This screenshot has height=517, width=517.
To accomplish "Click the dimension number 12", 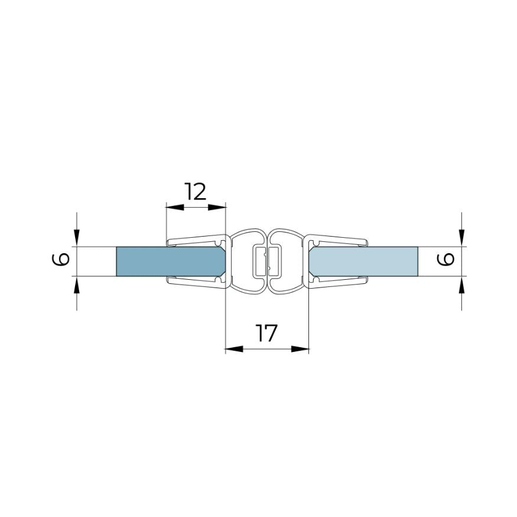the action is pyautogui.click(x=196, y=192).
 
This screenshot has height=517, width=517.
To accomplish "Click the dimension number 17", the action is pyautogui.click(x=266, y=333).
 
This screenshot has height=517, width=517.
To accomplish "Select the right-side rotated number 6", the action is pyautogui.click(x=446, y=259).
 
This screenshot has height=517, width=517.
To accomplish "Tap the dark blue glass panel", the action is pyautogui.click(x=171, y=261).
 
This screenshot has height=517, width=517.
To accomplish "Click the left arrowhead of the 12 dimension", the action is pyautogui.click(x=174, y=207).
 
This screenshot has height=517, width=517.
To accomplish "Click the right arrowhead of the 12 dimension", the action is pyautogui.click(x=217, y=207).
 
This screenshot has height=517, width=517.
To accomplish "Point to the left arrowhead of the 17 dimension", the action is pyautogui.click(x=234, y=348).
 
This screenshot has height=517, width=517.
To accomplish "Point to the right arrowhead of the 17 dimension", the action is pyautogui.click(x=300, y=348).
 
